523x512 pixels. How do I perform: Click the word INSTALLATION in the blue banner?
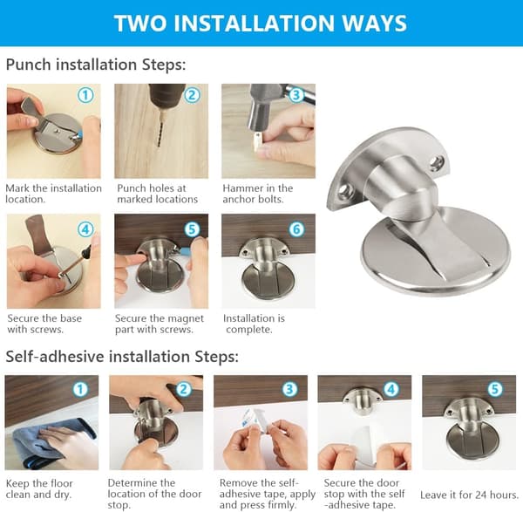click(x=254, y=23)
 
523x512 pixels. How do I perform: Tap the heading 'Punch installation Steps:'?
click(x=96, y=65)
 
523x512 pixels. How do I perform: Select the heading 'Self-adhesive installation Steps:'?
click(x=122, y=357)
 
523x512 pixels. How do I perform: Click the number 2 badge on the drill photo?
click(x=192, y=95)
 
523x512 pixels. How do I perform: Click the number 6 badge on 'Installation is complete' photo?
click(x=296, y=229)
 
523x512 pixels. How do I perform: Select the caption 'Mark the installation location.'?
click(x=53, y=194)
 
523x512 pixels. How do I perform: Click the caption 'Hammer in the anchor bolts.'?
click(x=258, y=194)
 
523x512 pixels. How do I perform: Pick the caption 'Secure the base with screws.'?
click(x=44, y=324)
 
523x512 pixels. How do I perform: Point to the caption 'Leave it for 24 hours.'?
click(x=469, y=495)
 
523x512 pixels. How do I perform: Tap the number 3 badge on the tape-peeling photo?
click(x=289, y=389)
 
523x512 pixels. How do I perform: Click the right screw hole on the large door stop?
click(x=438, y=163)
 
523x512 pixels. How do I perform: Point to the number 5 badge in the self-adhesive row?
click(x=495, y=389)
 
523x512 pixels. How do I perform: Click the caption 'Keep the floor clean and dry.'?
click(x=39, y=488)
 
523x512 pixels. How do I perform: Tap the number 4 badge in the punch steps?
click(x=85, y=229)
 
